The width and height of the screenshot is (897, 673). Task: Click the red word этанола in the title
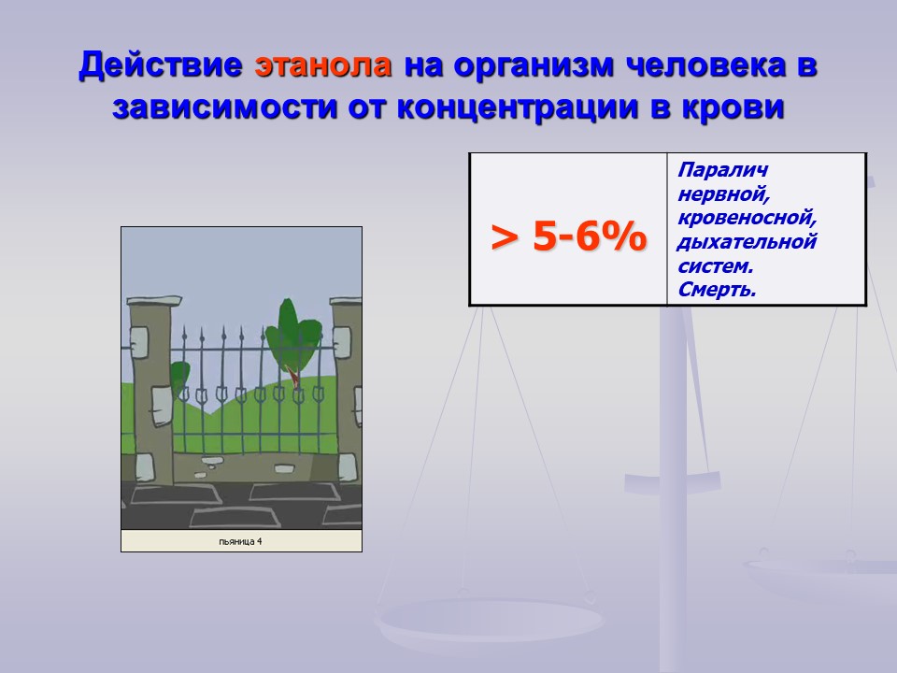pos(323,64)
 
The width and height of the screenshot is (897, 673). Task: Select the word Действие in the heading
pos(161,65)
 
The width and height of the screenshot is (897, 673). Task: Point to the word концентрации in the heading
pos(517,107)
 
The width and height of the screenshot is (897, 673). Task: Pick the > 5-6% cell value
pos(569,236)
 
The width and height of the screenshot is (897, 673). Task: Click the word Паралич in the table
pos(722,170)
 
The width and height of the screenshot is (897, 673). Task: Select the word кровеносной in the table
pos(747,218)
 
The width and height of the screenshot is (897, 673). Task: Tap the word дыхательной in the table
pos(747,242)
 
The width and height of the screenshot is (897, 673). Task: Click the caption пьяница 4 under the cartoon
pos(240,541)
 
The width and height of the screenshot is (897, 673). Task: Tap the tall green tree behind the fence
pos(292,337)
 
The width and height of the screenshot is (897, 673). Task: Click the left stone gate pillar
pos(151,389)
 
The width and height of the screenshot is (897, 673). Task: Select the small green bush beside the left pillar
pos(179,379)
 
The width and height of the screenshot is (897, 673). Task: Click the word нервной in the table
pos(723,194)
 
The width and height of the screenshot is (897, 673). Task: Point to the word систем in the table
pos(715,266)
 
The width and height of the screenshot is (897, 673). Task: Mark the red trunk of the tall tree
pos(292,377)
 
